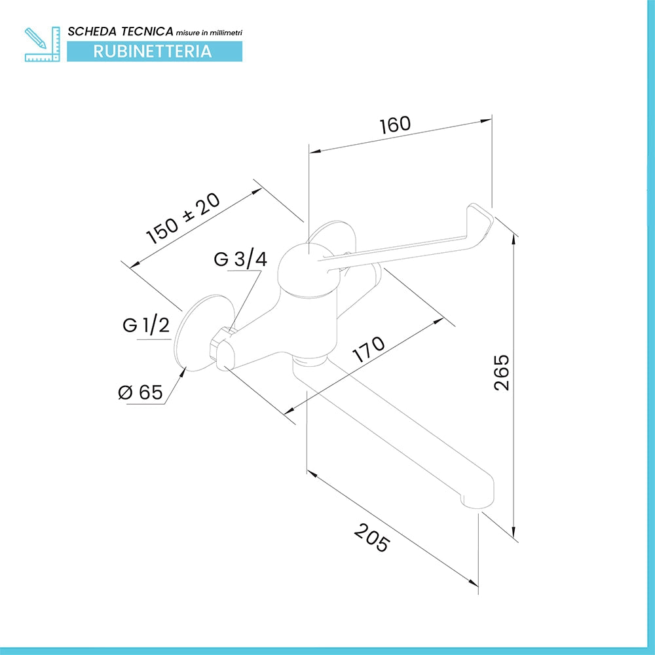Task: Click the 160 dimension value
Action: (395, 124)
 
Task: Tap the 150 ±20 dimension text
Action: (183, 218)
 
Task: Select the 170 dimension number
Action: (368, 349)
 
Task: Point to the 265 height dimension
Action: (501, 372)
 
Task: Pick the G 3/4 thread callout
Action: (240, 259)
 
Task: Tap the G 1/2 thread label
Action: (146, 325)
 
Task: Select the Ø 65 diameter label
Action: (140, 392)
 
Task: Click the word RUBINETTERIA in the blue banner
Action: (153, 51)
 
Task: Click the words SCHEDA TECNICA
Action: (121, 31)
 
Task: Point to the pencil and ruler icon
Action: (42, 44)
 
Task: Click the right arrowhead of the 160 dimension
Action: (486, 121)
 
